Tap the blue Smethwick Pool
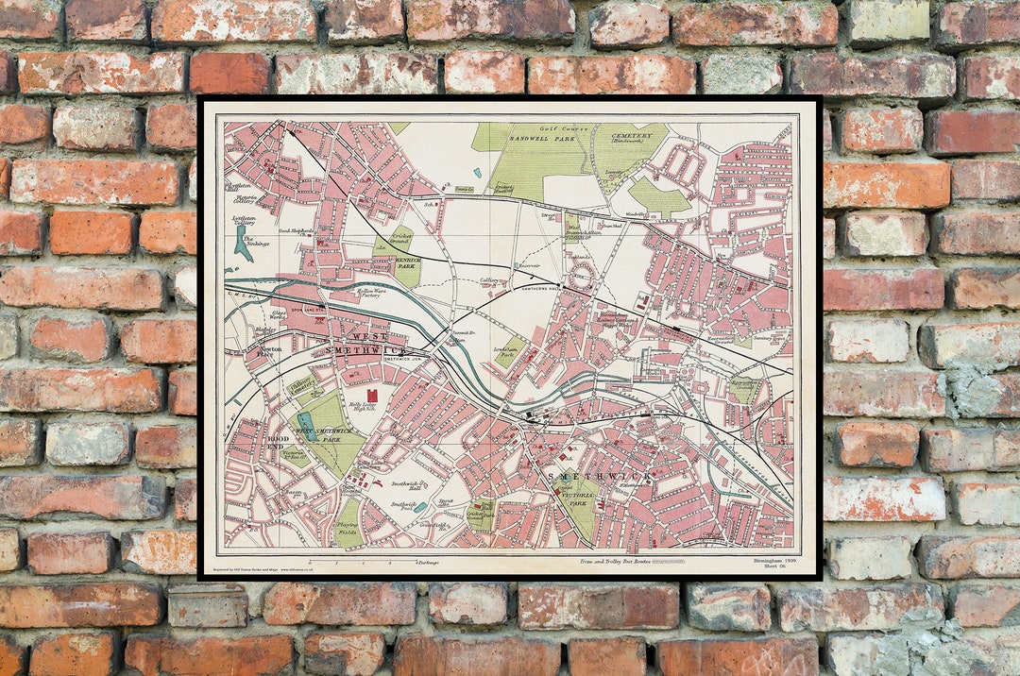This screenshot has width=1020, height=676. [x=419, y=508]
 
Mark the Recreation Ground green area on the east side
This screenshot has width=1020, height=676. [x=743, y=388]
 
